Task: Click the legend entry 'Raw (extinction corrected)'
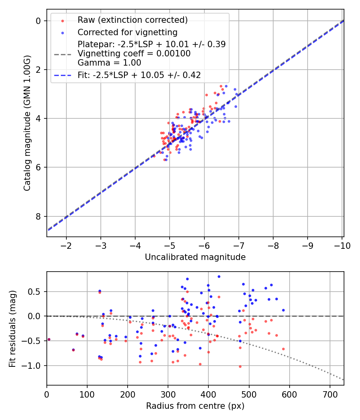(132, 20)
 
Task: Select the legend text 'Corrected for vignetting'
(128, 32)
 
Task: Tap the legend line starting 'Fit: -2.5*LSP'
(139, 75)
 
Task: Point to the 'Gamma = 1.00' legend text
(109, 63)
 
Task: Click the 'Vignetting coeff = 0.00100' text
(134, 54)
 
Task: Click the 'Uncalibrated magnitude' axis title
(195, 257)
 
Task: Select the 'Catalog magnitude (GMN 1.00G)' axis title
(27, 123)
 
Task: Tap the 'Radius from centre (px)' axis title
(195, 406)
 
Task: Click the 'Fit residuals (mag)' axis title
(12, 329)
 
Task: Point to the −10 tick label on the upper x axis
(342, 246)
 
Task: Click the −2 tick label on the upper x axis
(66, 246)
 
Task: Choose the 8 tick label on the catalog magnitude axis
(38, 216)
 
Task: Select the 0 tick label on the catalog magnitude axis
(38, 21)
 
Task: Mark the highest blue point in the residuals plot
(219, 276)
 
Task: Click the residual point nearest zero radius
(49, 339)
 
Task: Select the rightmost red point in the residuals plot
(283, 349)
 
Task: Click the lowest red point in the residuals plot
(240, 366)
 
